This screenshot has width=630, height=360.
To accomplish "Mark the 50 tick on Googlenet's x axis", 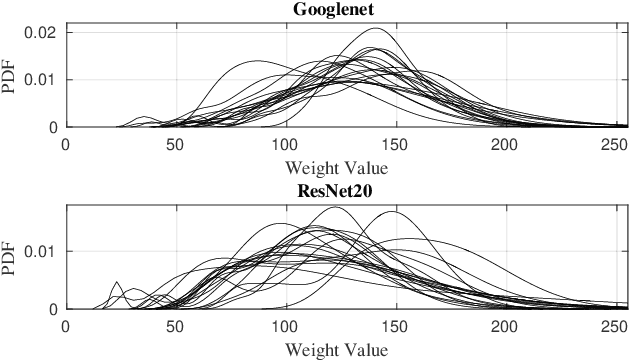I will click(176, 144).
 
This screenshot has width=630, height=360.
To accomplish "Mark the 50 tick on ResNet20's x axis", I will click(176, 326).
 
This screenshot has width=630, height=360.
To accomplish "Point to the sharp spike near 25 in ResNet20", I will click(116, 283).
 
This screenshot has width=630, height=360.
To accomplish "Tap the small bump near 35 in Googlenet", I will click(142, 117).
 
